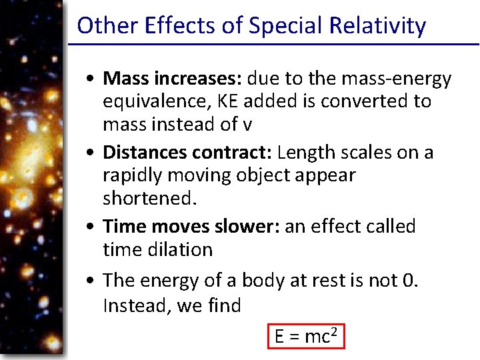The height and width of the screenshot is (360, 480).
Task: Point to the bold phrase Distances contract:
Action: click(187, 153)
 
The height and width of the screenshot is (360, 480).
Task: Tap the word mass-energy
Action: click(396, 79)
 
